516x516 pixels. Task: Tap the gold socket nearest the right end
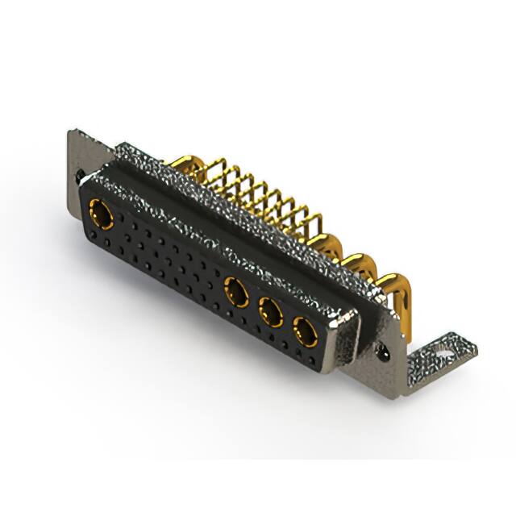(x=305, y=331)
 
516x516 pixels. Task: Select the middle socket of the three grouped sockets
(x=271, y=311)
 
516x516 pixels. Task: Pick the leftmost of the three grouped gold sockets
(x=237, y=291)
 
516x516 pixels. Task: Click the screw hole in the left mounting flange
(x=81, y=173)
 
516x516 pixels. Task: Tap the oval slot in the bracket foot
(x=443, y=351)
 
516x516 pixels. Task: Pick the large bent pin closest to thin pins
(x=334, y=245)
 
